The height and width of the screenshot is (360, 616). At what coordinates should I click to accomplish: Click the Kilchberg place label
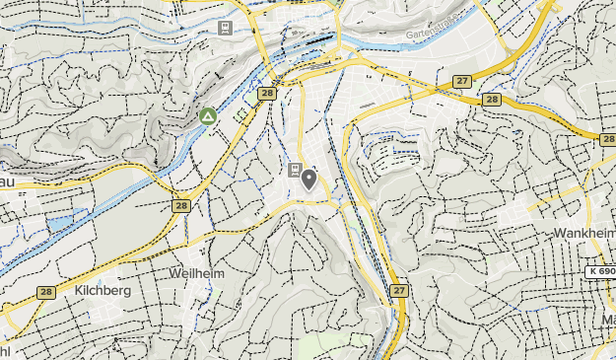103,292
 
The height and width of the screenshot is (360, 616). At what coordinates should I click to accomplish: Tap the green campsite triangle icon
208,116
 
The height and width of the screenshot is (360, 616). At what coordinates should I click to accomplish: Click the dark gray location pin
309,180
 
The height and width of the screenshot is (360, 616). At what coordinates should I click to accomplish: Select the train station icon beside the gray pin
295,171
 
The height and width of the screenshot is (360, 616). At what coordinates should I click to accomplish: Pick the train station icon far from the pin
227,27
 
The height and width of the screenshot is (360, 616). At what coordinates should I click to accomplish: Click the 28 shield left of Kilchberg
46,292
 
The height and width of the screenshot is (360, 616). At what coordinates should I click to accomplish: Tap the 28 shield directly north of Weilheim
180,206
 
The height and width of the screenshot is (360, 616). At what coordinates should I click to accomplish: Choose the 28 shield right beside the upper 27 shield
492,100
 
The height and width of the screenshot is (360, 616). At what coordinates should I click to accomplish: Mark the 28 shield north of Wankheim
606,140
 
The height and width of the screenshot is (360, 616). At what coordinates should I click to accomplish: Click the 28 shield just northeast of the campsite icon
267,94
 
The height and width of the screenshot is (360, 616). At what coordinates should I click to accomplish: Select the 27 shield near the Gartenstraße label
462,81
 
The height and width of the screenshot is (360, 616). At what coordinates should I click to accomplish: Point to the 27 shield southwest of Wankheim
398,290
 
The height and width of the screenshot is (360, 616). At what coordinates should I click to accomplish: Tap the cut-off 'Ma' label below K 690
607,320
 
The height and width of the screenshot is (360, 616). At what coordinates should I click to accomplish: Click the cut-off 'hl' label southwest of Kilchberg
5,350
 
